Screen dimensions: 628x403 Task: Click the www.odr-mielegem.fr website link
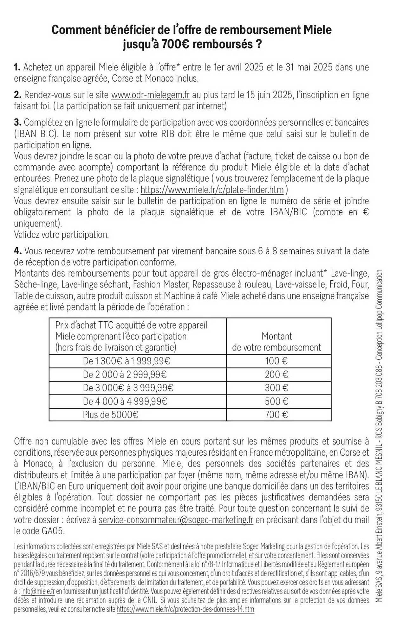pyautogui.click(x=150, y=95)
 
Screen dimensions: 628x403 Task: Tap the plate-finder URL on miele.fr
pyautogui.click(x=212, y=190)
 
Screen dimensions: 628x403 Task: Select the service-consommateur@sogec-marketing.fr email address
pyautogui.click(x=176, y=520)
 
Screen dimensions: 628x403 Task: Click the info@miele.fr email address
pyautogui.click(x=38, y=591)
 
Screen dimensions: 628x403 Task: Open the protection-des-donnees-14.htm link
pyautogui.click(x=185, y=609)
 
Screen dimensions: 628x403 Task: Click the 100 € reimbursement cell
pyautogui.click(x=276, y=361)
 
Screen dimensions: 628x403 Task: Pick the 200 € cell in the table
pyautogui.click(x=276, y=375)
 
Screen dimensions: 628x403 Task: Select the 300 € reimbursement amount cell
pyautogui.click(x=276, y=388)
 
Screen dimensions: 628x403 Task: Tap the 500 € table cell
pyautogui.click(x=276, y=401)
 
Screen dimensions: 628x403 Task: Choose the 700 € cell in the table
pyautogui.click(x=276, y=415)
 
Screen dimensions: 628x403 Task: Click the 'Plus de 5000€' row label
pyautogui.click(x=110, y=415)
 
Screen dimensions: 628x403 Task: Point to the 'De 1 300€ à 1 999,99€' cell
pyautogui.click(x=127, y=361)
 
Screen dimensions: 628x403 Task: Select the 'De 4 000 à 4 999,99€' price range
pyautogui.click(x=125, y=401)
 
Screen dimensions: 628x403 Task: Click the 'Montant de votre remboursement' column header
pyautogui.click(x=276, y=342)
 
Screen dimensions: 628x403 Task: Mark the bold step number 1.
pyautogui.click(x=17, y=67)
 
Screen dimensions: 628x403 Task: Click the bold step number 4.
pyautogui.click(x=17, y=251)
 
